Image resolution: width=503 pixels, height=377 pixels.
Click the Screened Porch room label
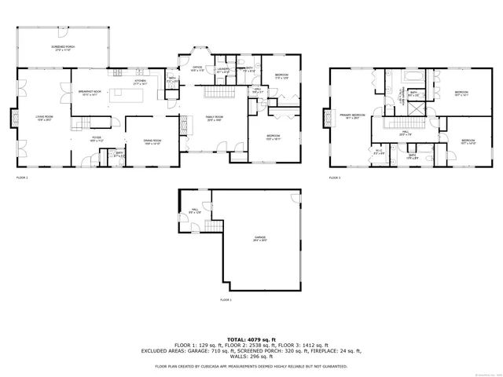pos(63,49)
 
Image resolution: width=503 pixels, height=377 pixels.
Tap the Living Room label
pos(43,118)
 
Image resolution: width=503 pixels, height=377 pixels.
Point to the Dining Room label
pos(152,143)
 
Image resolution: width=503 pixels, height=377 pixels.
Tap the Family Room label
pos(213,118)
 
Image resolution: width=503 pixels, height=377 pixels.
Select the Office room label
pos(197,68)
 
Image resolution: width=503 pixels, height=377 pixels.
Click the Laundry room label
pos(223,69)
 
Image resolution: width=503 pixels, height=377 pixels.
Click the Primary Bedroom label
pos(352,116)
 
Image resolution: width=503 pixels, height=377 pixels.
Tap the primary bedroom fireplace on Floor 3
pos(325,118)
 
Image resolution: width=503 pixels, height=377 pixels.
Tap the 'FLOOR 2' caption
pos(22,178)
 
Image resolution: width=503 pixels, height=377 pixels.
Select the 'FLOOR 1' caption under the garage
pos(226,300)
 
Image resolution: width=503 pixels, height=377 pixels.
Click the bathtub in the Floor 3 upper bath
pos(413,77)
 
